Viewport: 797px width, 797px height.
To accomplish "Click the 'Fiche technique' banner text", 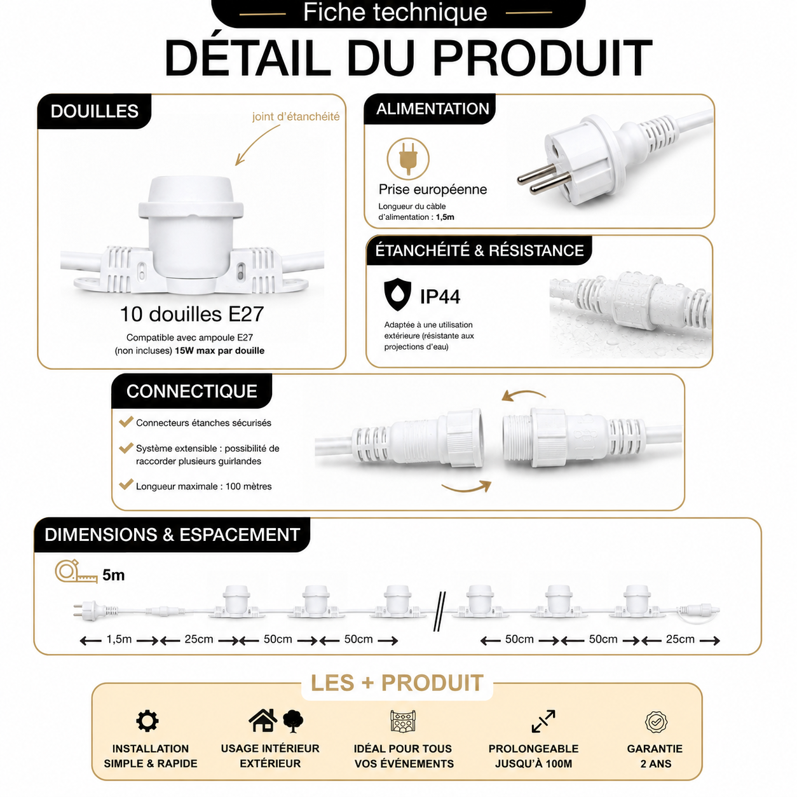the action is pyautogui.click(x=395, y=12).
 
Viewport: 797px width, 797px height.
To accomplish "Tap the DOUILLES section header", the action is pyautogui.click(x=94, y=111).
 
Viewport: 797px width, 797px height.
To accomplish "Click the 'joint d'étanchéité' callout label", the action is pyautogui.click(x=296, y=117).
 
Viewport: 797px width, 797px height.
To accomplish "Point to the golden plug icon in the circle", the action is pyautogui.click(x=408, y=159).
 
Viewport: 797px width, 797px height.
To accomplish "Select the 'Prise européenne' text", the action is pyautogui.click(x=433, y=189).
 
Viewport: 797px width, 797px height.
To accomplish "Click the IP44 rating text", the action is pyautogui.click(x=440, y=297).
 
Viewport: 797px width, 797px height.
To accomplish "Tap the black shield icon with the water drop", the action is pyautogui.click(x=397, y=294).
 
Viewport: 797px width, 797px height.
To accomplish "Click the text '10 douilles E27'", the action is pyautogui.click(x=191, y=314).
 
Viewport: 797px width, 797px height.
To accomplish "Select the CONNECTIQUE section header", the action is pyautogui.click(x=191, y=392).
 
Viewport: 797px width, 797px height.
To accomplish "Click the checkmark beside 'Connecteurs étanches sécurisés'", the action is pyautogui.click(x=126, y=421).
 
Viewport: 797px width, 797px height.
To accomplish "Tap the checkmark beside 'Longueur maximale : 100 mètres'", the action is pyautogui.click(x=126, y=484).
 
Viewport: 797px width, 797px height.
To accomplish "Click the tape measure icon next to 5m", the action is pyautogui.click(x=76, y=571).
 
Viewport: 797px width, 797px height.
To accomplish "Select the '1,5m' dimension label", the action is pyautogui.click(x=119, y=639).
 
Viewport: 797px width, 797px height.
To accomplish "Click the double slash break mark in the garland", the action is pyautogui.click(x=439, y=611).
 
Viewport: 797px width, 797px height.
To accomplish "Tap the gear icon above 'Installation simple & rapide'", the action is pyautogui.click(x=147, y=721).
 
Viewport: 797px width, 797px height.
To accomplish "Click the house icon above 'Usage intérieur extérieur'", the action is pyautogui.click(x=263, y=720).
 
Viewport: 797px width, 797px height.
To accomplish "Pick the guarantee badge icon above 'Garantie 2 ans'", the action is pyautogui.click(x=655, y=722).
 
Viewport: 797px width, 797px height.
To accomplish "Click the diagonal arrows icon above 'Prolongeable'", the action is pyautogui.click(x=543, y=721).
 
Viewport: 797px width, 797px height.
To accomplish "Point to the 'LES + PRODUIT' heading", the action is pyautogui.click(x=397, y=683).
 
